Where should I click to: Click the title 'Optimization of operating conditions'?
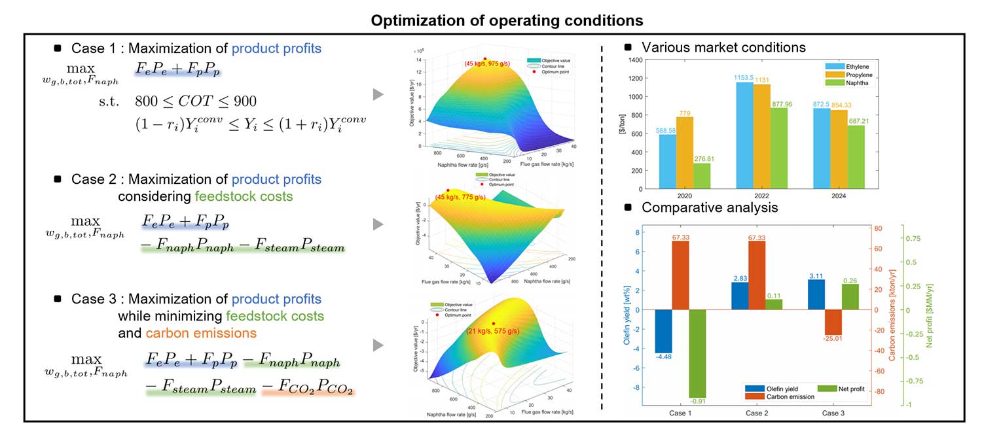tap(507, 20)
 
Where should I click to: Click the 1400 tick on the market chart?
tap(636, 60)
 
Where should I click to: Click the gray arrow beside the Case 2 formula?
tap(378, 225)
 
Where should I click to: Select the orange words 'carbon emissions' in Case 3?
tap(201, 333)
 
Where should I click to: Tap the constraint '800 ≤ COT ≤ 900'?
tap(196, 101)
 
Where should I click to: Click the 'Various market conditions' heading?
tap(723, 47)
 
